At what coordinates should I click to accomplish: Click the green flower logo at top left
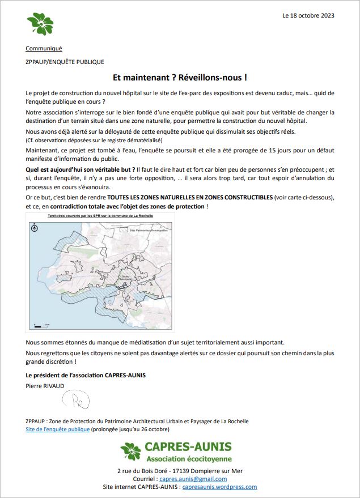(40, 24)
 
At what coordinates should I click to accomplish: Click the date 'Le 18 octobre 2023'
(308, 15)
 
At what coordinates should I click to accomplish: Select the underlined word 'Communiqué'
(44, 48)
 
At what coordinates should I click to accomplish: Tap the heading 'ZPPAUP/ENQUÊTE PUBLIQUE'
(65, 62)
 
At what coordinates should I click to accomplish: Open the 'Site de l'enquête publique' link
(58, 429)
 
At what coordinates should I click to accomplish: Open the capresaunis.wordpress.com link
(220, 487)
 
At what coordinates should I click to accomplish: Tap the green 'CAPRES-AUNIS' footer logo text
(188, 448)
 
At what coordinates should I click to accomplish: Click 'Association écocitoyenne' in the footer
(189, 458)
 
